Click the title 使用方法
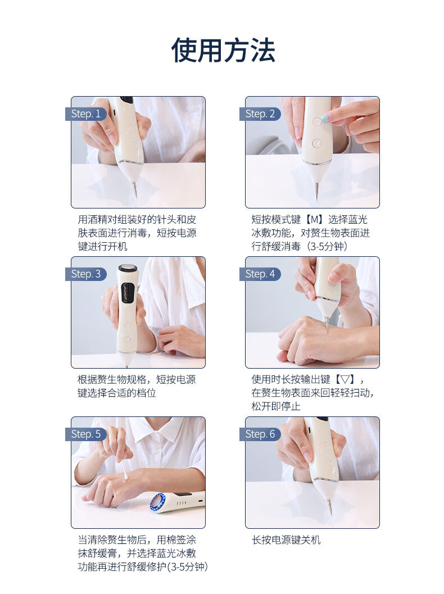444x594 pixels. coord(223,51)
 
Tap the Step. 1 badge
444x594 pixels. coord(85,114)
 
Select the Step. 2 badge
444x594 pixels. coord(260,114)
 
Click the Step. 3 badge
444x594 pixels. coord(85,274)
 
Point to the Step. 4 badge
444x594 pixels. coord(260,274)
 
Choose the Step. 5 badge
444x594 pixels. coord(85,434)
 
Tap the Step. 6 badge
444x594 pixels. coord(260,434)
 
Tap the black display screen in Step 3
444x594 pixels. coord(126,293)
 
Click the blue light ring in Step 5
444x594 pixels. coord(157,503)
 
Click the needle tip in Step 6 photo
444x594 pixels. coord(330,513)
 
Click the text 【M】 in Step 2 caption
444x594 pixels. coord(314,220)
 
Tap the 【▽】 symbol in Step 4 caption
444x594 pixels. coord(345,380)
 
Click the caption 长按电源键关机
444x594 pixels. coord(286,540)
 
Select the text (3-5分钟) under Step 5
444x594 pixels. coord(188,567)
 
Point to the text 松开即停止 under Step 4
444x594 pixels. coord(276,407)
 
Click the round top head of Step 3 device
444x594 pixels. coord(126,269)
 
